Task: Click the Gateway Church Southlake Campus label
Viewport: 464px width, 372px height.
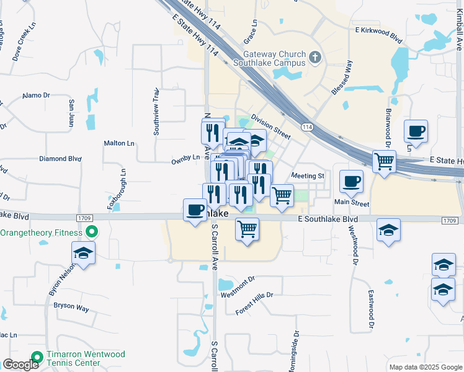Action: pyautogui.click(x=270, y=58)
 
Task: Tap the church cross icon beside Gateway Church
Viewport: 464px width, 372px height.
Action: pyautogui.click(x=316, y=58)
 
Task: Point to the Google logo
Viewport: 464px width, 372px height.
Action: pyautogui.click(x=20, y=365)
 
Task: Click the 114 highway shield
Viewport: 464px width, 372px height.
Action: pyautogui.click(x=306, y=126)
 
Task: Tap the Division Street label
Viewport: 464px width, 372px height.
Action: pyautogui.click(x=270, y=126)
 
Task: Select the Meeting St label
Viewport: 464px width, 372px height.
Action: pyautogui.click(x=308, y=176)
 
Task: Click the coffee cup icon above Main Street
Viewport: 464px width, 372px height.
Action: pyautogui.click(x=352, y=181)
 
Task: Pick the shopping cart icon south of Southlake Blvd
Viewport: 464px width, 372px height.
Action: pyautogui.click(x=248, y=229)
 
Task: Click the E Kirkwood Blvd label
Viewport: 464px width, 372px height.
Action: pyautogui.click(x=378, y=30)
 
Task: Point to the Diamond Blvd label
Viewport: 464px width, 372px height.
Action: pyautogui.click(x=60, y=159)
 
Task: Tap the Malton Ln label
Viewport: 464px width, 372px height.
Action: pyautogui.click(x=119, y=143)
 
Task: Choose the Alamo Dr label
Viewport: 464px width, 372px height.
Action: pyautogui.click(x=35, y=95)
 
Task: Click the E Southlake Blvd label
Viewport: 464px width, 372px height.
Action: pyautogui.click(x=328, y=219)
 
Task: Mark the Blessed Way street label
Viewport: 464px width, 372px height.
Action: pyautogui.click(x=342, y=77)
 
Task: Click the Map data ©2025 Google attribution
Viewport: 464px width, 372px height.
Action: pyautogui.click(x=426, y=367)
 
